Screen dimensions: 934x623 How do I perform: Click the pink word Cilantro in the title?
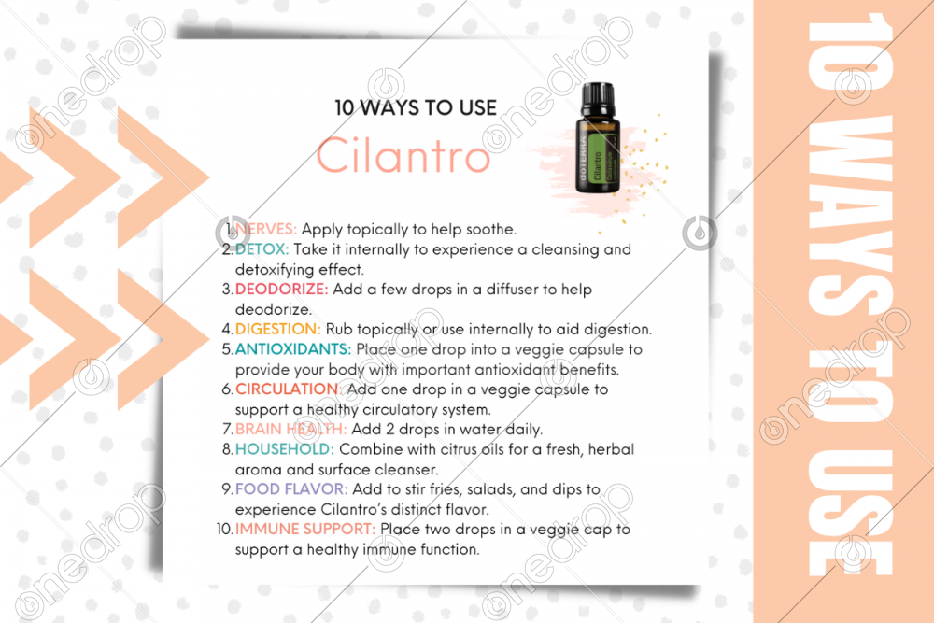point(403,155)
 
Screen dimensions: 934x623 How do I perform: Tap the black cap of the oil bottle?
point(598,100)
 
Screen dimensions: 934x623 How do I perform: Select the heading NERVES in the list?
point(265,229)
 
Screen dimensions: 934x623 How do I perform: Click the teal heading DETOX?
point(262,249)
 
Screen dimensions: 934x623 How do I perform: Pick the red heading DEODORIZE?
point(282,289)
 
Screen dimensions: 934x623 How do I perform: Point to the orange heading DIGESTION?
point(278,329)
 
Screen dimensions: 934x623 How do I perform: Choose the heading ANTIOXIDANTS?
point(293,349)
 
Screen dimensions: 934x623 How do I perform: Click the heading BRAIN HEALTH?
point(290,429)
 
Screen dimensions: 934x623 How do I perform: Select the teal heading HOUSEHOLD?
point(285,449)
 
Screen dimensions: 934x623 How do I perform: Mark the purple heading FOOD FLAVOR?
point(291,489)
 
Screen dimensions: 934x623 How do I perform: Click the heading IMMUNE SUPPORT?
point(305,529)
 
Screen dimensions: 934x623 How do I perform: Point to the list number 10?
point(224,529)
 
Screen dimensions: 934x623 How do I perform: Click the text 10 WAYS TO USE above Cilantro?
point(416,107)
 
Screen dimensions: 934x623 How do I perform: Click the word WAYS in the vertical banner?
point(849,215)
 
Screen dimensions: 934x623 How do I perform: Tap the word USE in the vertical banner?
point(849,512)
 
